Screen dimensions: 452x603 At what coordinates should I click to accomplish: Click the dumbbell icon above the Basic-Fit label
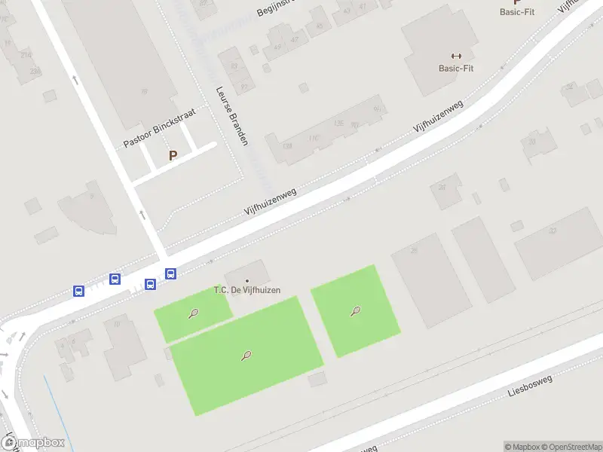click(x=456, y=56)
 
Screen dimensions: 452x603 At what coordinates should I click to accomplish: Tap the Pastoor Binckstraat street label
click(x=160, y=128)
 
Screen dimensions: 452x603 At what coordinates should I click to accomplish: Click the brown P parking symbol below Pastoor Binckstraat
click(x=173, y=156)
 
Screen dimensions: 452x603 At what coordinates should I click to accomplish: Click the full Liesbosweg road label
click(x=530, y=386)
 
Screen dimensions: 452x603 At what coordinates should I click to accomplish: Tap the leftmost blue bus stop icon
click(x=78, y=291)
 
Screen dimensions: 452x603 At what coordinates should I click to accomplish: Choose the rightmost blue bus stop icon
click(x=171, y=274)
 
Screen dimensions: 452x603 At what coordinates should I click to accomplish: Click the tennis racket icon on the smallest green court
click(x=194, y=313)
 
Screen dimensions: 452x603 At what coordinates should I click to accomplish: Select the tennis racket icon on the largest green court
click(x=246, y=356)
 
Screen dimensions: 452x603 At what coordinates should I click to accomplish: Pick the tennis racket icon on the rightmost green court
click(x=355, y=310)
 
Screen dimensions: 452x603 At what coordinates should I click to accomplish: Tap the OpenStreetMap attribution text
click(x=571, y=447)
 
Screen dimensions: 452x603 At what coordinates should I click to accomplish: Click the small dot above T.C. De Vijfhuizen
click(x=246, y=281)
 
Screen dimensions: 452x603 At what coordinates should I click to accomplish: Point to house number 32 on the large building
click(x=552, y=231)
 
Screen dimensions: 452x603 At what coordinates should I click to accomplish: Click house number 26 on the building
click(x=414, y=250)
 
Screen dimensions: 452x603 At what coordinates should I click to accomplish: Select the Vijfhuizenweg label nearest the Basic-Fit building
click(x=438, y=118)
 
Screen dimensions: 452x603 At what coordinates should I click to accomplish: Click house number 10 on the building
click(x=116, y=325)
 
